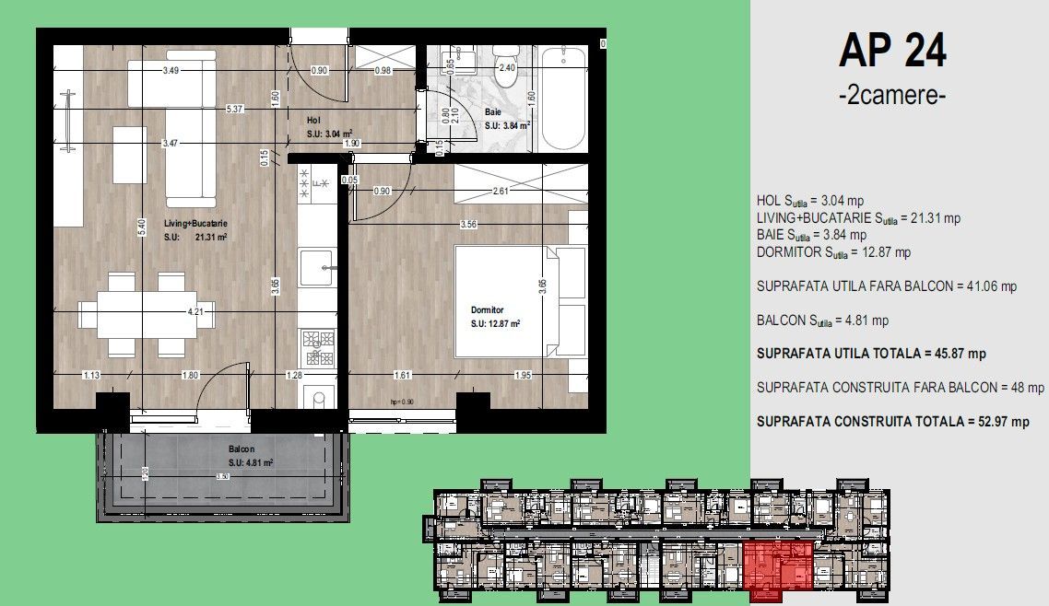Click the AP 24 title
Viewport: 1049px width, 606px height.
892,52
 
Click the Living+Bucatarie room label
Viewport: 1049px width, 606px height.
195,223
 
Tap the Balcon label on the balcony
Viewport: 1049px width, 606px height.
242,450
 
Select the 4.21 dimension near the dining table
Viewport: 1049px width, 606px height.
195,312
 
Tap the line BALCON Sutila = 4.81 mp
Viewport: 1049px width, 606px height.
822,320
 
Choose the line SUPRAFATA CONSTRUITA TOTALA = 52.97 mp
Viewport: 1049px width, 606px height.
892,422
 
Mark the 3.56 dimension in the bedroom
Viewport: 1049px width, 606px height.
468,224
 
